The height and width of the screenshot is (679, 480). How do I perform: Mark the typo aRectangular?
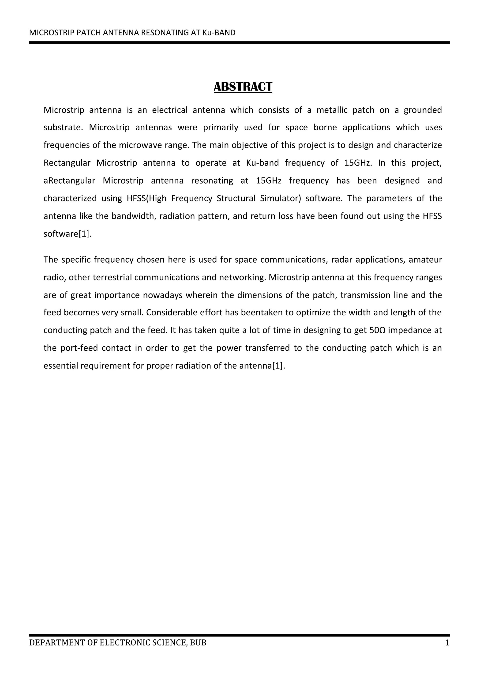pos(69,180)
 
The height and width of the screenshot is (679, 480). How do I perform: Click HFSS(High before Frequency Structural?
pos(146,198)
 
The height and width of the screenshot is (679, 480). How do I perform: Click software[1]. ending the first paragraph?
pos(67,234)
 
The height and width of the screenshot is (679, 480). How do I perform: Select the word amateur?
pos(425,260)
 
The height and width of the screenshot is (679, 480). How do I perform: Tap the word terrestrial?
pos(112,277)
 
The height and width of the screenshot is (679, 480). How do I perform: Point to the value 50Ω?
pos(377,330)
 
